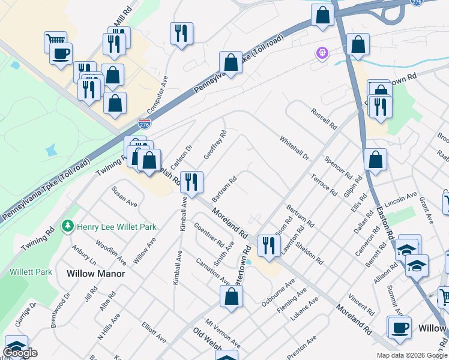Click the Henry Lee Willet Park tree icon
click(67, 227)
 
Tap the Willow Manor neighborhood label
click(95, 274)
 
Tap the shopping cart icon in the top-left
click(55, 41)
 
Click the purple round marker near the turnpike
click(323, 53)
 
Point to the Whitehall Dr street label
click(294, 148)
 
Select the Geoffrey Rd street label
click(214, 145)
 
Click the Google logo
click(20, 353)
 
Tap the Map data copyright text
click(411, 355)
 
